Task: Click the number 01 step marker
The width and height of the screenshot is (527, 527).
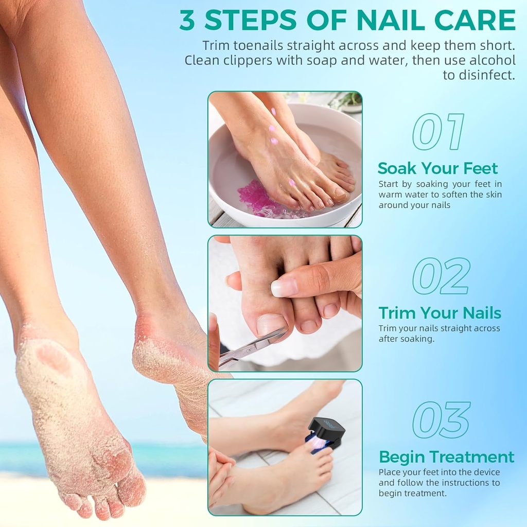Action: coord(438,132)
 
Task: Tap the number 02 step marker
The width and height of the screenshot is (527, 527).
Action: coord(441,276)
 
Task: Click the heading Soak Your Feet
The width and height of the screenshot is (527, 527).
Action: coord(437,168)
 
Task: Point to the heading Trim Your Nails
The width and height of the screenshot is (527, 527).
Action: coord(440,313)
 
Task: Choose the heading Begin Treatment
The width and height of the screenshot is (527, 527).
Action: coord(446,456)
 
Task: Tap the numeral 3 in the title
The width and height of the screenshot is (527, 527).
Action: coord(188,21)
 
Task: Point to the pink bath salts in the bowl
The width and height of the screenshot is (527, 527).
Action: coord(257,198)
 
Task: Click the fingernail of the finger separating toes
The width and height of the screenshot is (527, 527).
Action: coord(284,287)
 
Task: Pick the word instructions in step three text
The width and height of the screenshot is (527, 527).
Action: coord(465,483)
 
